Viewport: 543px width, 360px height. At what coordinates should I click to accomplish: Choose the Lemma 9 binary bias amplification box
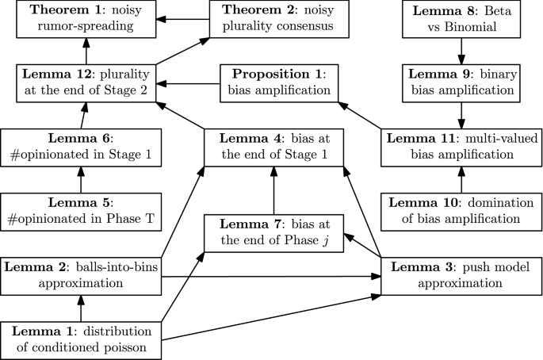(x=460, y=84)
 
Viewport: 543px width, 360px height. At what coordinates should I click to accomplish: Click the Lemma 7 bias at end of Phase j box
(x=273, y=232)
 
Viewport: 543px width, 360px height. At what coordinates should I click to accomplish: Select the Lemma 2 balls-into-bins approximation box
(x=80, y=274)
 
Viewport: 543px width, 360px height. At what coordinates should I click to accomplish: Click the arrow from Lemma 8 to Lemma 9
(x=460, y=52)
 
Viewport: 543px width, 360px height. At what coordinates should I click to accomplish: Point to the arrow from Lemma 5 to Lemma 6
(x=80, y=178)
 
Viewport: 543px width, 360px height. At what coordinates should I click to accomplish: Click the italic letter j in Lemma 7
(x=324, y=240)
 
